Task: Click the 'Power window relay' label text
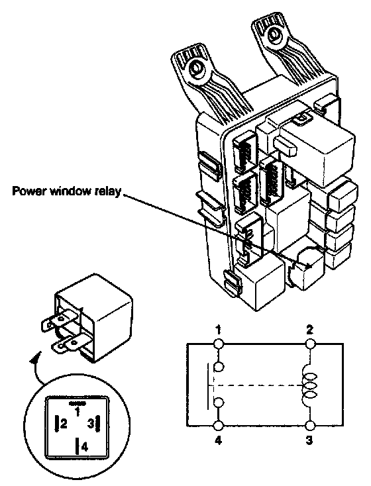point(66,191)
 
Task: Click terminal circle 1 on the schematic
point(219,344)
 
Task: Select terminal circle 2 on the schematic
point(310,344)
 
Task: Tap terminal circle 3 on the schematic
point(310,426)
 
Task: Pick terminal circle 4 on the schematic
point(219,426)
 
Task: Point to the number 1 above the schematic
point(219,330)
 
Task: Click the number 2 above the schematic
point(309,330)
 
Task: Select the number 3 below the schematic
point(309,440)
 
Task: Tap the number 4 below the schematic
point(219,440)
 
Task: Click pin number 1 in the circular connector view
point(78,412)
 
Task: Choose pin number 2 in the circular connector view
point(64,423)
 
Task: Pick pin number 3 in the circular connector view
point(90,423)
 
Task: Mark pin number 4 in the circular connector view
point(85,447)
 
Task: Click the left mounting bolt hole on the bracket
point(195,68)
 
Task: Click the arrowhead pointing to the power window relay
point(308,266)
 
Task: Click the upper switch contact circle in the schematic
point(219,367)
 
